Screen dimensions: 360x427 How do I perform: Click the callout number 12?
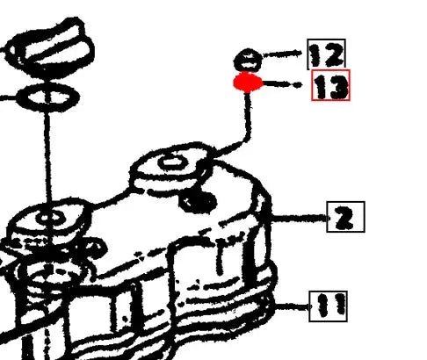point(325,55)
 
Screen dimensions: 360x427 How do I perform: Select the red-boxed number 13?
point(330,85)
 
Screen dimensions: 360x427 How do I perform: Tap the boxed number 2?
point(345,216)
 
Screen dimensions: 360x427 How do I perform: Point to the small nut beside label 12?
point(248,61)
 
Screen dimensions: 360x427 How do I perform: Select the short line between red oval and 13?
point(283,85)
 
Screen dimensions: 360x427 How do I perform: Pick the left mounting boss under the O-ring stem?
point(48,219)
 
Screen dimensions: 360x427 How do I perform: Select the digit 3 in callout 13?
point(337,86)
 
